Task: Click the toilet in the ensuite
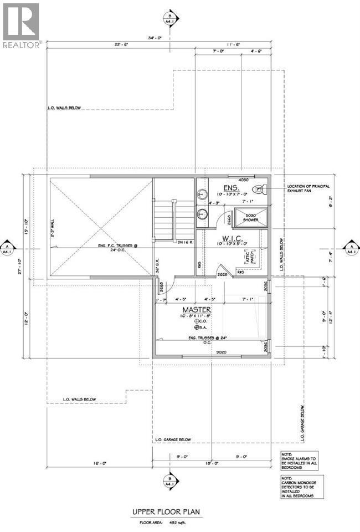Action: click(260, 189)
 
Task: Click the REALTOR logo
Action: click(20, 25)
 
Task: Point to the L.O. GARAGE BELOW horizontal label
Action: click(172, 439)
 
